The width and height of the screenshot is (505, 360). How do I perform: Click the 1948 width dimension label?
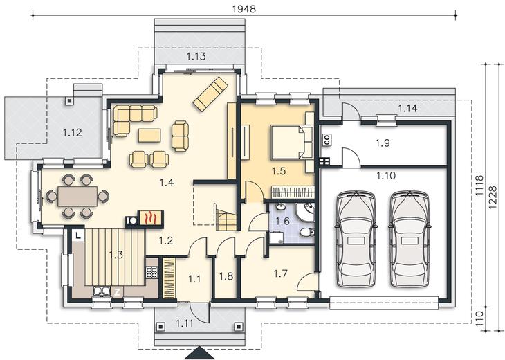[x=244, y=9]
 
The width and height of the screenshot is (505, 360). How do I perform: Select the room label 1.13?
[x=196, y=56]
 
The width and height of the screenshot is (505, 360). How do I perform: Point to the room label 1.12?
[x=72, y=132]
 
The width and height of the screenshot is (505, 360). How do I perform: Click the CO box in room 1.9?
[x=327, y=140]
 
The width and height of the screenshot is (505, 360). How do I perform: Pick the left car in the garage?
[x=356, y=239]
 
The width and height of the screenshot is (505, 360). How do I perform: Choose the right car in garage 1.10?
[x=410, y=239]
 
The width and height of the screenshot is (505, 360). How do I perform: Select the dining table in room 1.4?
[x=77, y=196]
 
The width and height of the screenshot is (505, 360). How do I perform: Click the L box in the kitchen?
[x=77, y=235]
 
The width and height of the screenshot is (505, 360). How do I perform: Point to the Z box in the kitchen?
[x=117, y=292]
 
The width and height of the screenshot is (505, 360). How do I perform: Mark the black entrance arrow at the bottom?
[x=199, y=353]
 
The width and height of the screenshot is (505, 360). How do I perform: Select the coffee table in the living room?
[x=149, y=136]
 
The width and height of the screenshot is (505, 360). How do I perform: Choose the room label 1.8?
[x=226, y=276]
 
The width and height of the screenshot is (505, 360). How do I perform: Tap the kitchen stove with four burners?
[x=152, y=273]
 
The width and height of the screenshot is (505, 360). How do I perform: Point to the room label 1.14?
[x=407, y=108]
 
